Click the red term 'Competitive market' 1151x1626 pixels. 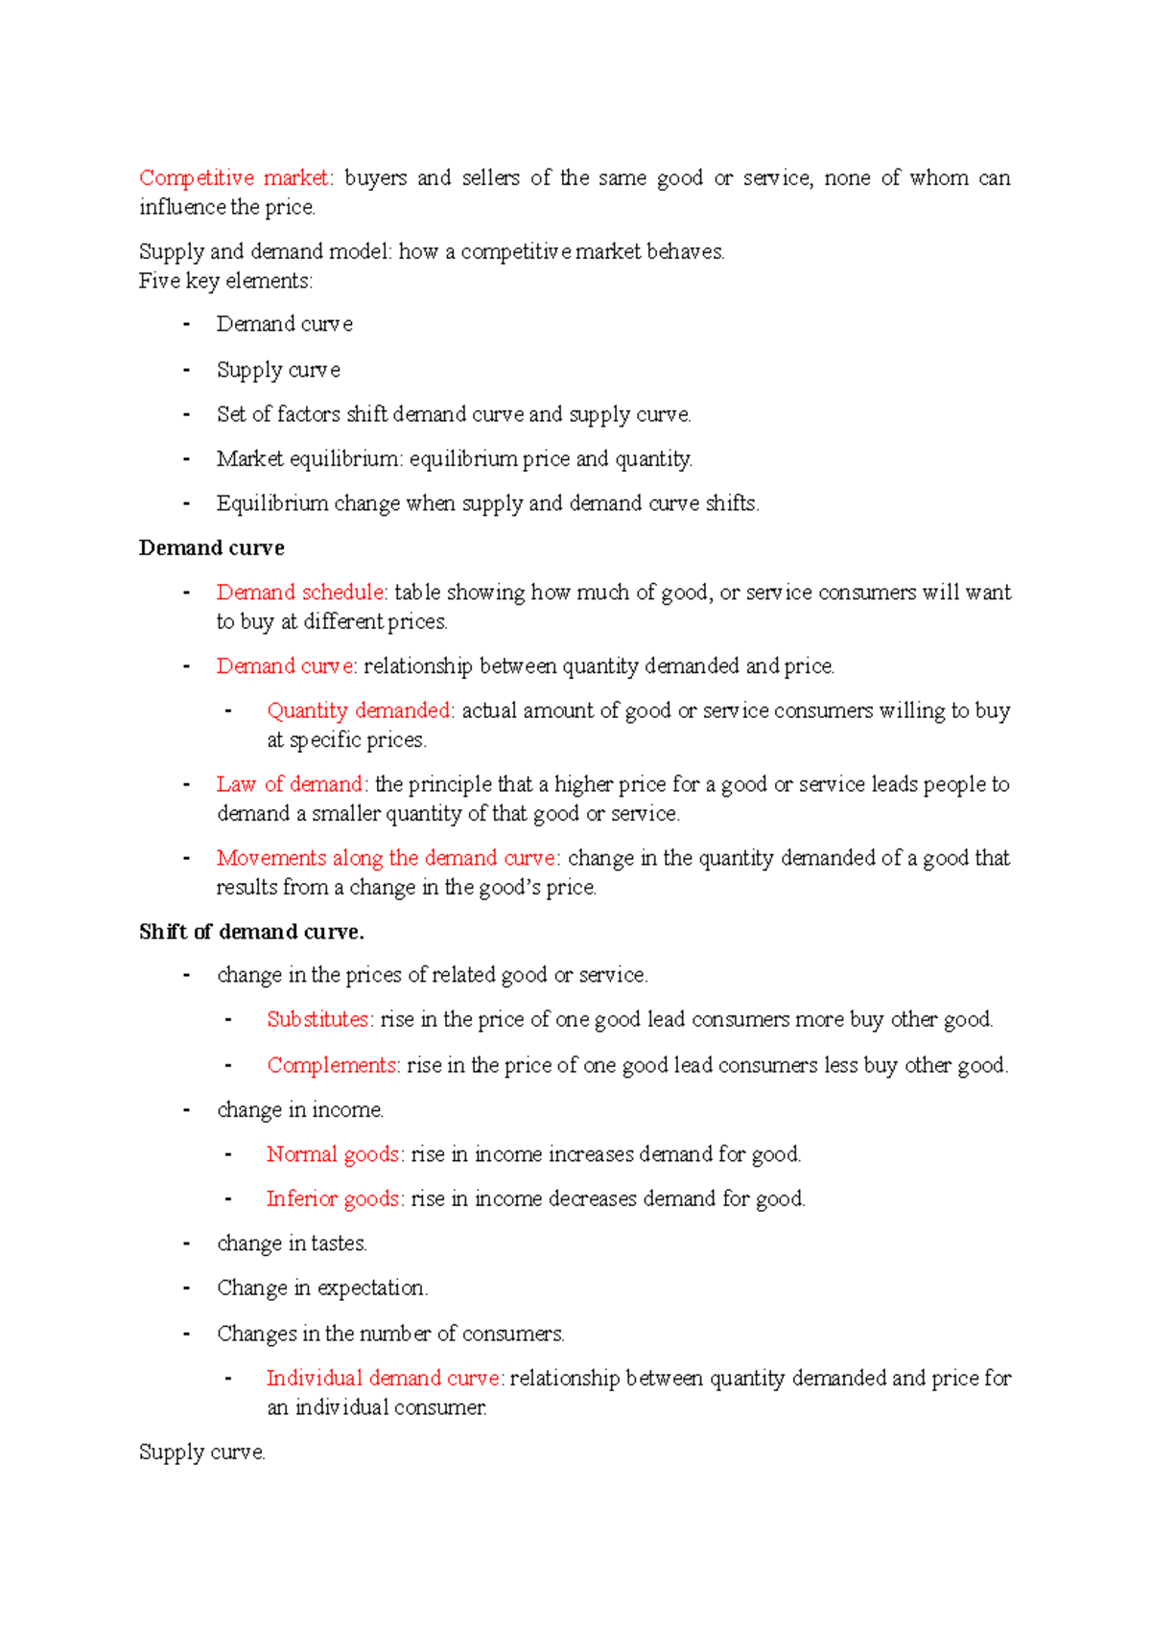click(233, 178)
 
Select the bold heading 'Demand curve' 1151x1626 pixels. click(211, 548)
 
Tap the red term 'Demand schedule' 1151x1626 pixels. click(299, 592)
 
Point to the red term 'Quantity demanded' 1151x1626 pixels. click(359, 710)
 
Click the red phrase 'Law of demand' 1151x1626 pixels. click(289, 784)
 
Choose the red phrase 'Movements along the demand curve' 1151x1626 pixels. click(386, 858)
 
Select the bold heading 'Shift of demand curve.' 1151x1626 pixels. click(251, 932)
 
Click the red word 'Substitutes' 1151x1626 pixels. click(317, 1019)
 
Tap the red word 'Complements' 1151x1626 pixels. click(331, 1065)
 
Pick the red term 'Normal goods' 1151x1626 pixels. click(333, 1154)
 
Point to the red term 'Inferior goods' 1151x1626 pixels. click(333, 1198)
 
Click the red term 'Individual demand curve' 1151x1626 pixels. click(383, 1379)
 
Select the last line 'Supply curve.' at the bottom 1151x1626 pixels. click(201, 1452)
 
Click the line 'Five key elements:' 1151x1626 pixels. click(225, 281)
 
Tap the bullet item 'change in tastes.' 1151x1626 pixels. click(292, 1243)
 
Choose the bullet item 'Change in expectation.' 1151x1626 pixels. click(321, 1288)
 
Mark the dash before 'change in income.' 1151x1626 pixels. click(186, 1110)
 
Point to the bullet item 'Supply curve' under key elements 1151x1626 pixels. click(278, 370)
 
